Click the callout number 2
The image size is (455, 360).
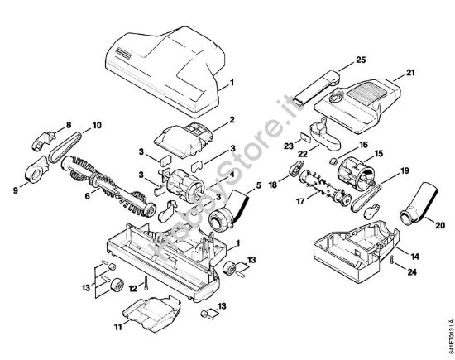(232, 120)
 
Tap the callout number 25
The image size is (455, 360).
(360, 60)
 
